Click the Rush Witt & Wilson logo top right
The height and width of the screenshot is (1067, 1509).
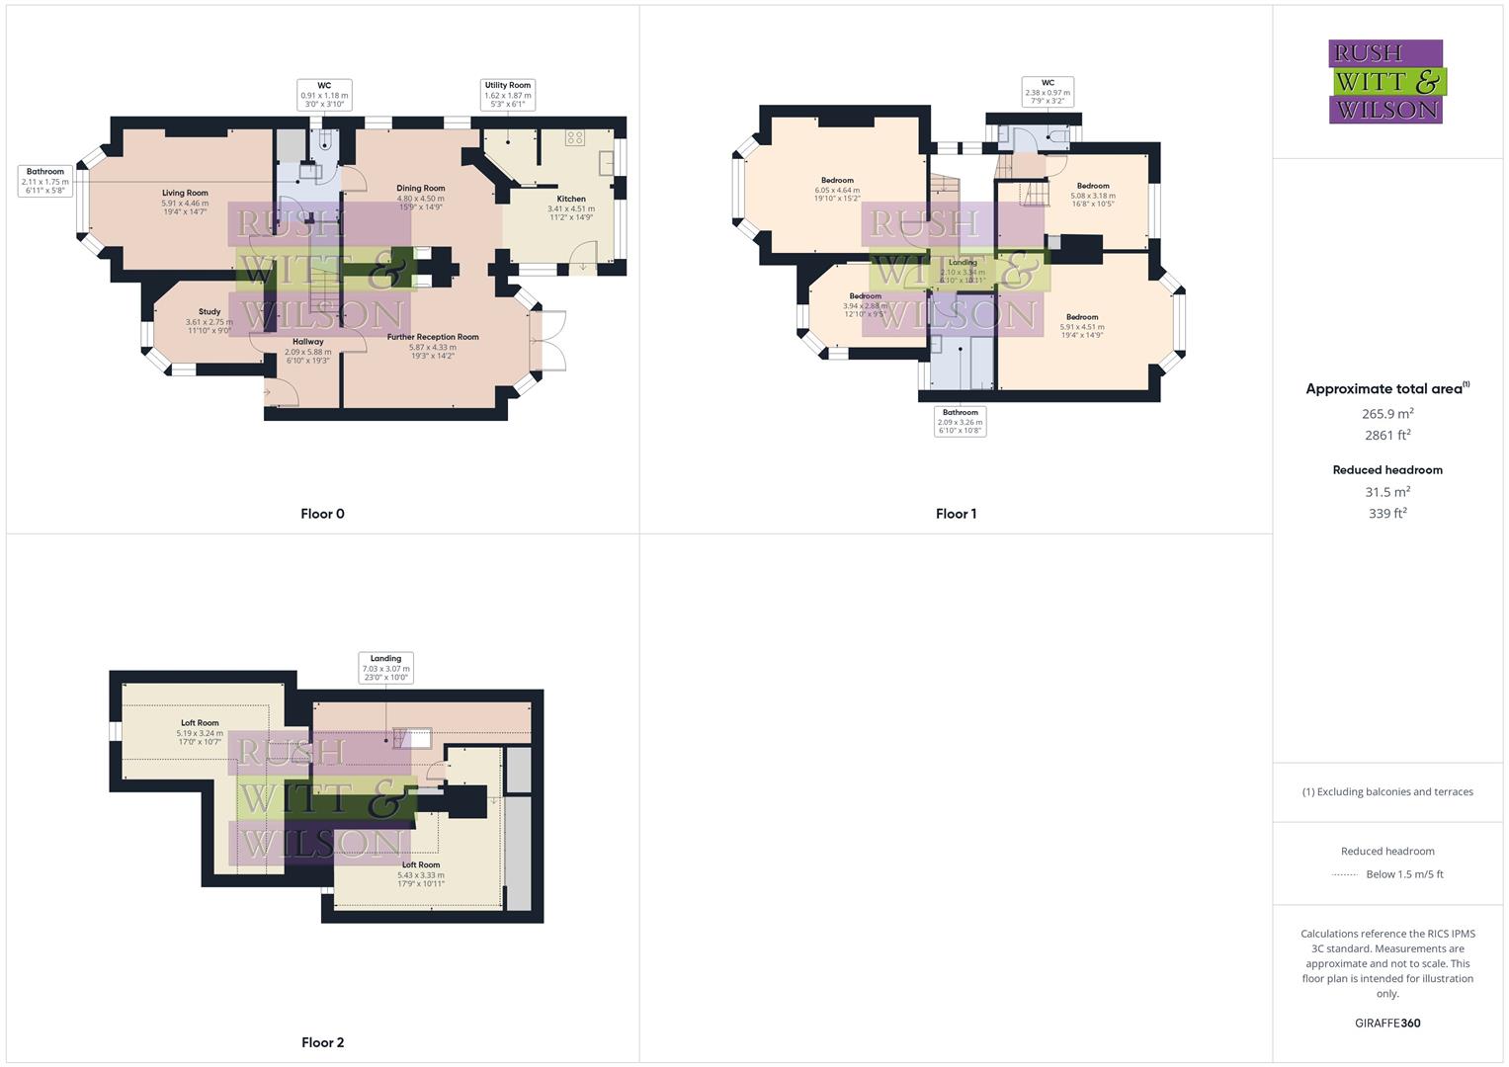click(x=1385, y=81)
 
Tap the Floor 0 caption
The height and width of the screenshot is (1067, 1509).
click(x=322, y=514)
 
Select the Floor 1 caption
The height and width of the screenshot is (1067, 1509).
click(x=956, y=514)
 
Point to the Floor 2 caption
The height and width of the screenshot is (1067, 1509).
click(x=322, y=1042)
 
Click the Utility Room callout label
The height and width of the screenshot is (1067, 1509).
click(x=508, y=95)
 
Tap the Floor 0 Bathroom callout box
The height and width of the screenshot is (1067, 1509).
click(x=45, y=181)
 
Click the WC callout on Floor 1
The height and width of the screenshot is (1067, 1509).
click(x=1048, y=92)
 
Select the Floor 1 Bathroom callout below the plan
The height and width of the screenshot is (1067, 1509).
click(x=960, y=422)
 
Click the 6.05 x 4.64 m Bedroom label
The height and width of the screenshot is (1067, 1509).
click(x=837, y=190)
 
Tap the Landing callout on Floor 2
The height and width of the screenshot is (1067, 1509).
click(x=385, y=668)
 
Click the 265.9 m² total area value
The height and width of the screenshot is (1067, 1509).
click(x=1387, y=414)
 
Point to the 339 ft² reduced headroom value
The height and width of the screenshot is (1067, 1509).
click(x=1387, y=514)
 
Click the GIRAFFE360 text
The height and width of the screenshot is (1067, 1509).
click(x=1387, y=1023)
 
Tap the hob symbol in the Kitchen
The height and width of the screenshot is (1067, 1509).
click(x=575, y=138)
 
